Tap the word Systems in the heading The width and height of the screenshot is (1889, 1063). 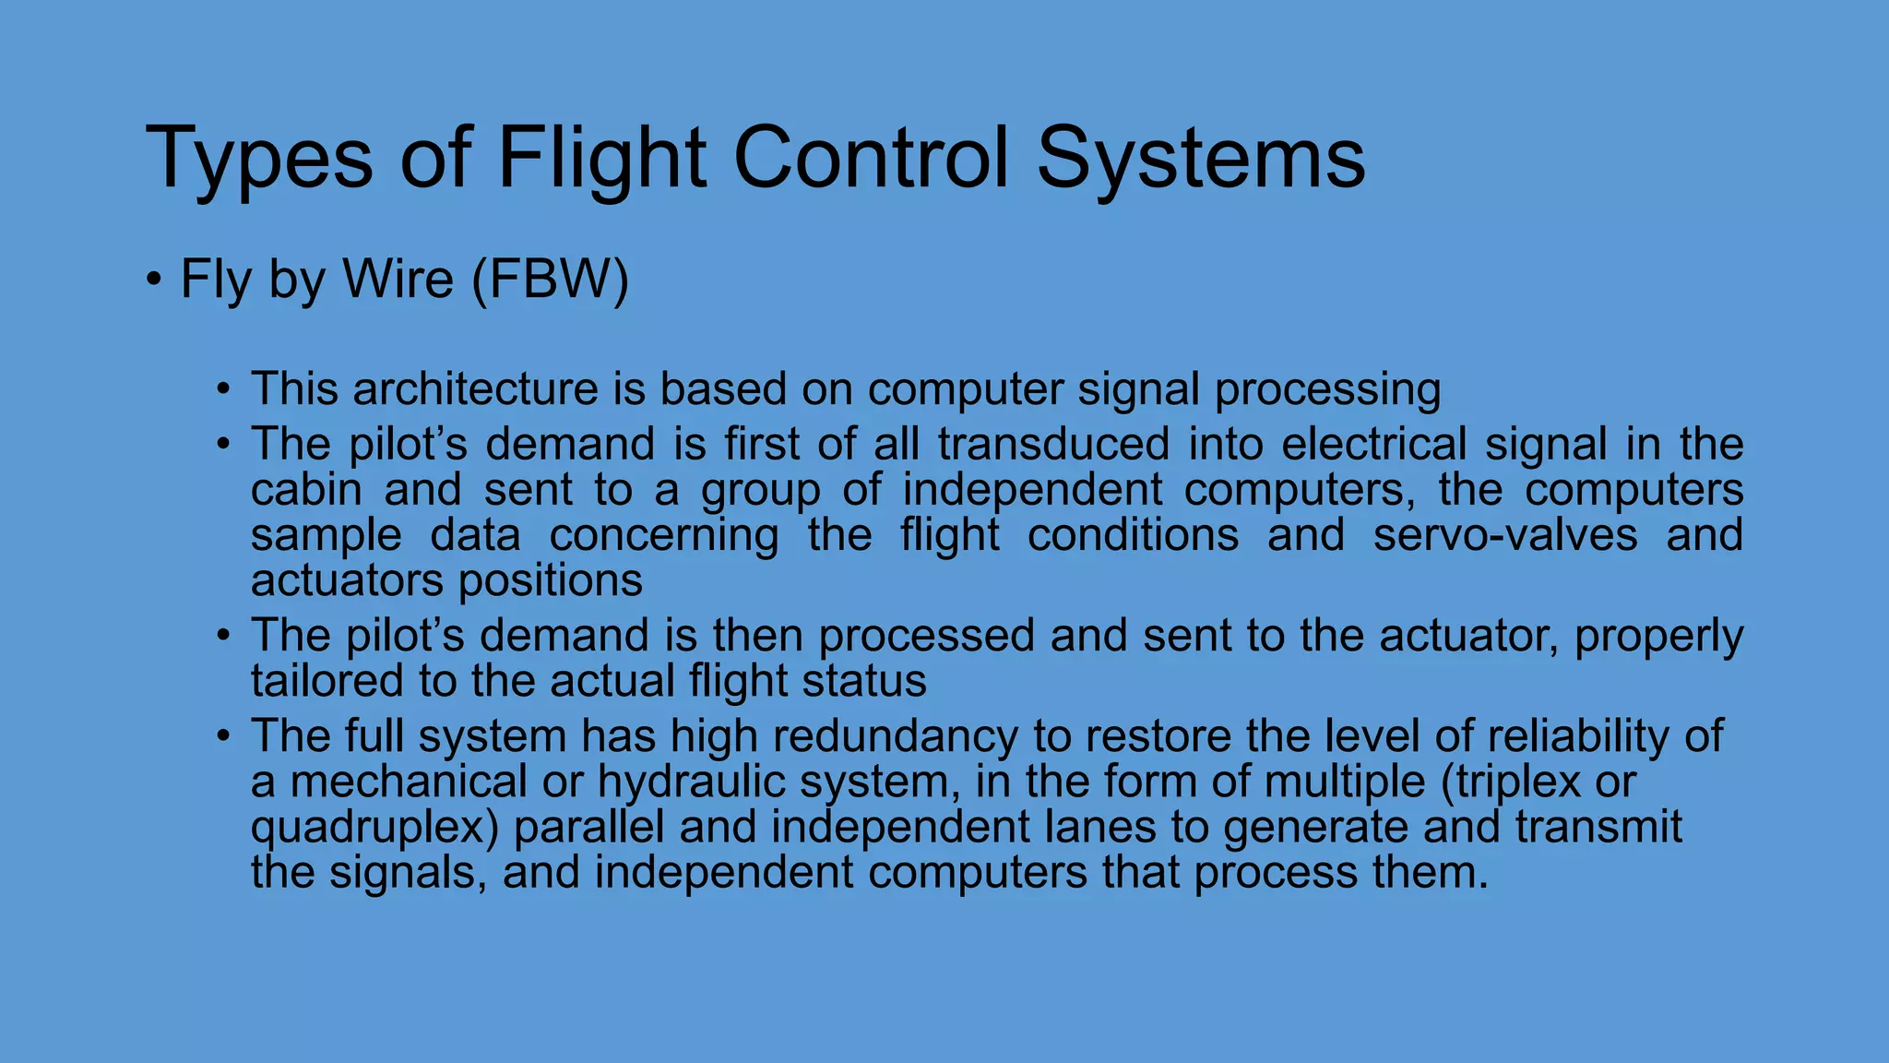click(x=1200, y=159)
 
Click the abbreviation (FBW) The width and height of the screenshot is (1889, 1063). click(x=550, y=279)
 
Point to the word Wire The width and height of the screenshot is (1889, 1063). click(x=398, y=279)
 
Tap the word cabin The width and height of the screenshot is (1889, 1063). click(x=306, y=489)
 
